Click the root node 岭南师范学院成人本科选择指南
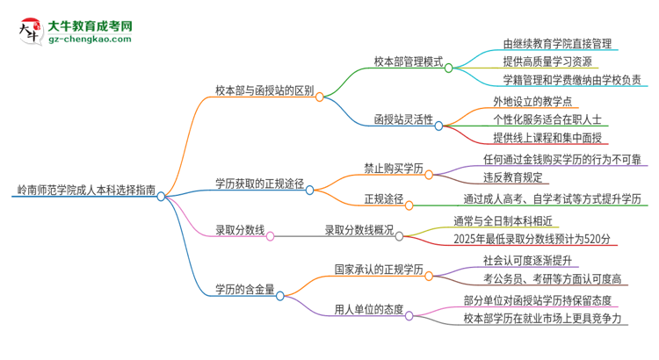click(85, 189)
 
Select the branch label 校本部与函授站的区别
click(264, 89)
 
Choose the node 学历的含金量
click(244, 289)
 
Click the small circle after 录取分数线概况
click(400, 235)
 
